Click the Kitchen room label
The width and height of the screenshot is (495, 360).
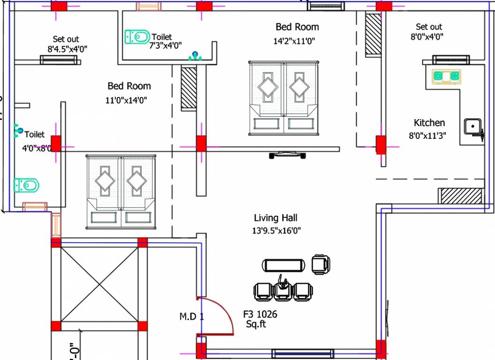coord(429,123)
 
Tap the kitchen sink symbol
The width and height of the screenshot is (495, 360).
coord(472,127)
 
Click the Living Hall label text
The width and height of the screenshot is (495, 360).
coord(276,218)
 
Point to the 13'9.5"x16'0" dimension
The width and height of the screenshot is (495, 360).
coord(277,231)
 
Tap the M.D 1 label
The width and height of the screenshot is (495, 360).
coord(192,316)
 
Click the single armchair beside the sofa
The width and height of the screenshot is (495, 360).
coord(321,264)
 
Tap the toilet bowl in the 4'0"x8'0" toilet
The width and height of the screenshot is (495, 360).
coord(26,185)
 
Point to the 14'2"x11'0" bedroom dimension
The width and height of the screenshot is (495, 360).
coord(294,41)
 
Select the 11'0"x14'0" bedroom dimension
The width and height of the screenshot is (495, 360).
coord(127,100)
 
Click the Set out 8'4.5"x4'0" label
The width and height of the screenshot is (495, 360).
coord(66,44)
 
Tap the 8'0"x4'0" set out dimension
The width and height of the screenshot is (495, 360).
coord(427,37)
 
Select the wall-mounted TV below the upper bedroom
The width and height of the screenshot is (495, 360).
coord(287,154)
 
